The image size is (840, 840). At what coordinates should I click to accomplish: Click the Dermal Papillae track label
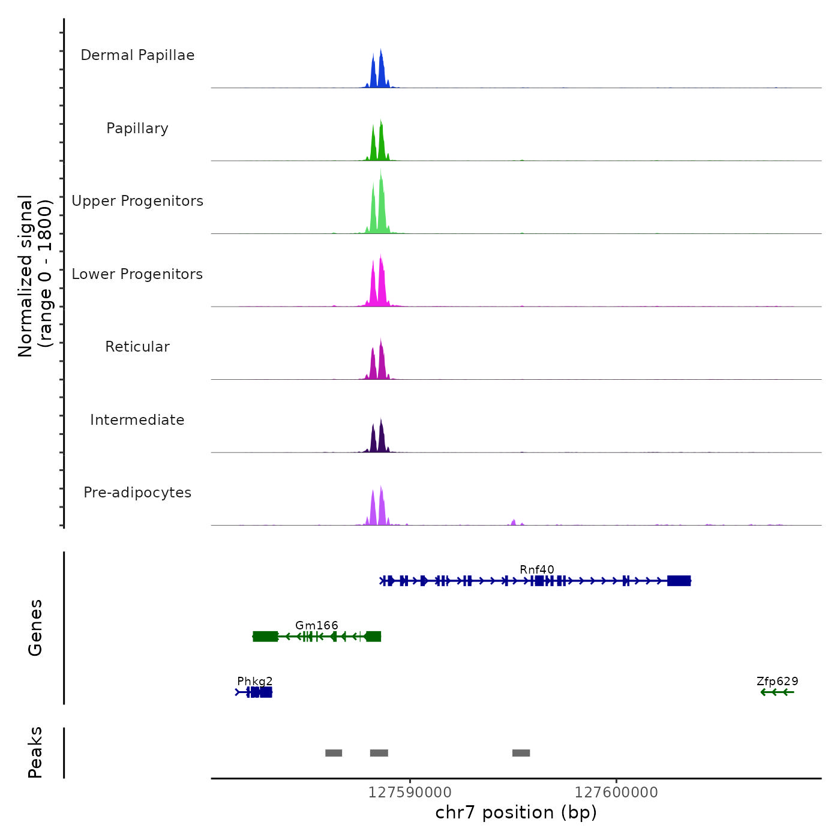pyautogui.click(x=137, y=55)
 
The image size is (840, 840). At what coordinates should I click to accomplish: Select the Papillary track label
pyautogui.click(x=137, y=128)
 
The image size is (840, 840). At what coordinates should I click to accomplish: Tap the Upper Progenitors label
pyautogui.click(x=137, y=201)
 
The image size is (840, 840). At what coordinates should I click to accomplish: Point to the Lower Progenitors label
pyautogui.click(x=137, y=274)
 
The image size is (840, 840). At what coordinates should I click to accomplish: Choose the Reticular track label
pyautogui.click(x=137, y=347)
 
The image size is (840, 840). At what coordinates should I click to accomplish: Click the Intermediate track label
pyautogui.click(x=137, y=420)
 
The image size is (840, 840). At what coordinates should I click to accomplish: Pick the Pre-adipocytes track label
pyautogui.click(x=137, y=493)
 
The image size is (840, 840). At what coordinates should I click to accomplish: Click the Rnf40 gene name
pyautogui.click(x=537, y=569)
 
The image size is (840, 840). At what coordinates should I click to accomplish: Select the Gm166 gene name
pyautogui.click(x=317, y=625)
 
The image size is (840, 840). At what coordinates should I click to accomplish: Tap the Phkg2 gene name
pyautogui.click(x=255, y=681)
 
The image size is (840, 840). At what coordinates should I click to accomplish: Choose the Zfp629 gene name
pyautogui.click(x=778, y=681)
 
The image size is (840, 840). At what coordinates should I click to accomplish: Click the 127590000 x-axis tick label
pyautogui.click(x=410, y=792)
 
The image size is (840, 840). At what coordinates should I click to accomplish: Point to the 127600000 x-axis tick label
pyautogui.click(x=616, y=792)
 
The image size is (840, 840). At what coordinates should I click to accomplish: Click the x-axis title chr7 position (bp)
pyautogui.click(x=516, y=812)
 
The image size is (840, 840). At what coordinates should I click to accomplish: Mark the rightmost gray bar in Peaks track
pyautogui.click(x=521, y=753)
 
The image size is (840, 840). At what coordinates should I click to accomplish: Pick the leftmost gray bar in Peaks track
pyautogui.click(x=334, y=753)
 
